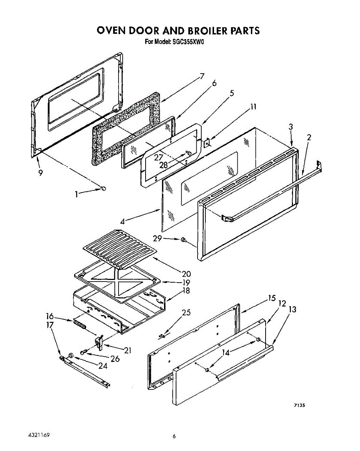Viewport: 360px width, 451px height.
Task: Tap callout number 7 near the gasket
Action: (x=202, y=76)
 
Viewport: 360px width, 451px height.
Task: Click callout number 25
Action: (x=186, y=312)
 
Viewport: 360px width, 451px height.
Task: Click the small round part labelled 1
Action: (x=103, y=188)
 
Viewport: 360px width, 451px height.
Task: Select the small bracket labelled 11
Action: (x=207, y=143)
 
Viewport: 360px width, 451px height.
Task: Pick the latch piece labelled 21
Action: (x=99, y=342)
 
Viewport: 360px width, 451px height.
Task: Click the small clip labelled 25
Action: (x=162, y=335)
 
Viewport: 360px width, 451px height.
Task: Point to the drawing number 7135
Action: (x=299, y=405)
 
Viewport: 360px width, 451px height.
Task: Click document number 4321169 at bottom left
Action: (x=39, y=435)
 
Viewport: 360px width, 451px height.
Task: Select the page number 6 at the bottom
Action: (x=174, y=436)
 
